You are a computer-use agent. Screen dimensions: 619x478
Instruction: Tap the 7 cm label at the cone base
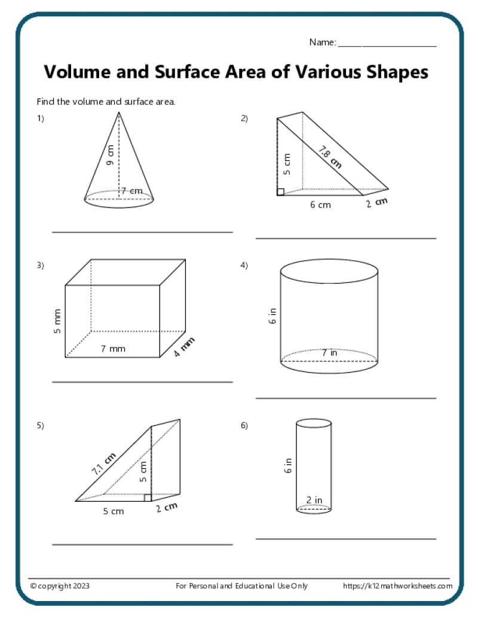pyautogui.click(x=131, y=191)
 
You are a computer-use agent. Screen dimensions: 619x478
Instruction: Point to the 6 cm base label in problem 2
pyautogui.click(x=320, y=205)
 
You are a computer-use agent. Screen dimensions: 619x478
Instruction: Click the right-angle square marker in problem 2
pyautogui.click(x=280, y=191)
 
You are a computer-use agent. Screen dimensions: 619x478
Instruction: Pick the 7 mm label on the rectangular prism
pyautogui.click(x=113, y=349)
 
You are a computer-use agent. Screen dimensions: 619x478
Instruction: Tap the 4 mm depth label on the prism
pyautogui.click(x=185, y=347)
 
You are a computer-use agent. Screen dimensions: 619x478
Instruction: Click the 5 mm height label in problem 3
pyautogui.click(x=58, y=322)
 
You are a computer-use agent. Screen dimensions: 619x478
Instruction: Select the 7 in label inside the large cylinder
pyautogui.click(x=329, y=353)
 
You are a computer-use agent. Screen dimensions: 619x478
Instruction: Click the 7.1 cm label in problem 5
pyautogui.click(x=103, y=464)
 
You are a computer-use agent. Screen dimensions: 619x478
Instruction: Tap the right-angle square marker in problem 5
pyautogui.click(x=148, y=498)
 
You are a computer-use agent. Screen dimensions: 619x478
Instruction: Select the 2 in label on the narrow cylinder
pyautogui.click(x=314, y=500)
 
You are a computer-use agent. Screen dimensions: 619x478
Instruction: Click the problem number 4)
pyautogui.click(x=244, y=266)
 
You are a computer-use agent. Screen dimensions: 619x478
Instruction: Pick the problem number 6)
pyautogui.click(x=244, y=426)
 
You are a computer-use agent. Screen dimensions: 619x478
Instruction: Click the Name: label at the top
pyautogui.click(x=323, y=42)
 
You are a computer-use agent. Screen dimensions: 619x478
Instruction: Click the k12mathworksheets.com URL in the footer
pyautogui.click(x=397, y=586)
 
